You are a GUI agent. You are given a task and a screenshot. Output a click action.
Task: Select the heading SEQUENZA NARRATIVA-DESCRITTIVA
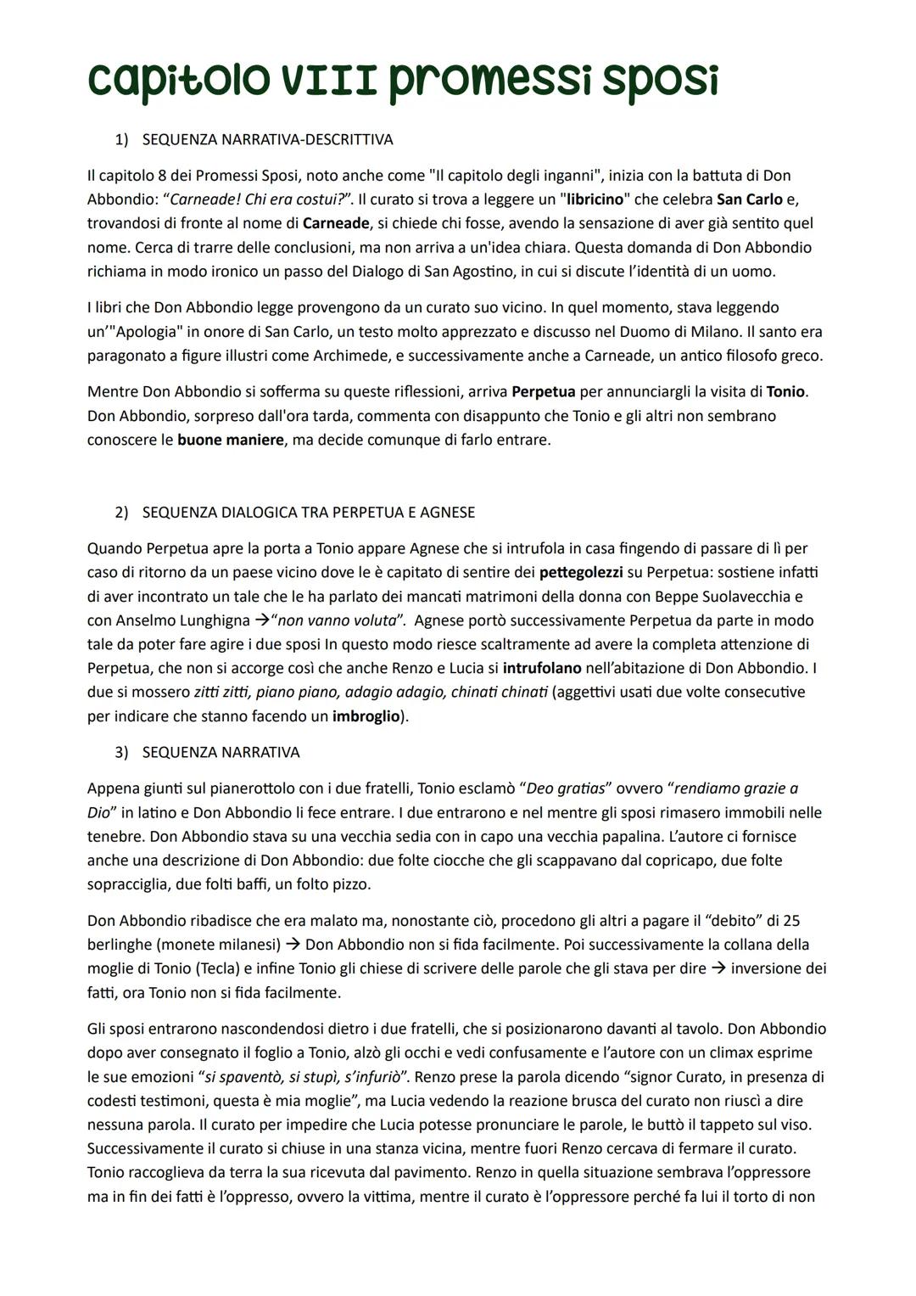pyautogui.click(x=267, y=138)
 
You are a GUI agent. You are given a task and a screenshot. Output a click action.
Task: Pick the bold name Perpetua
pyautogui.click(x=544, y=392)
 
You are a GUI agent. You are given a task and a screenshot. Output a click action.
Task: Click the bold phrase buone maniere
pyautogui.click(x=231, y=440)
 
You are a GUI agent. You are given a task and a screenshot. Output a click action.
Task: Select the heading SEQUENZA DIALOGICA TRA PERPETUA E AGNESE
pyautogui.click(x=308, y=513)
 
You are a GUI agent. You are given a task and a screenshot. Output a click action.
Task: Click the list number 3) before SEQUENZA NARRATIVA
pyautogui.click(x=121, y=753)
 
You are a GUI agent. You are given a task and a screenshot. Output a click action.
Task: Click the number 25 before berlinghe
pyautogui.click(x=792, y=921)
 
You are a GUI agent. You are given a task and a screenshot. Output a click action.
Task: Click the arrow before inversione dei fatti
pyautogui.click(x=718, y=968)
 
